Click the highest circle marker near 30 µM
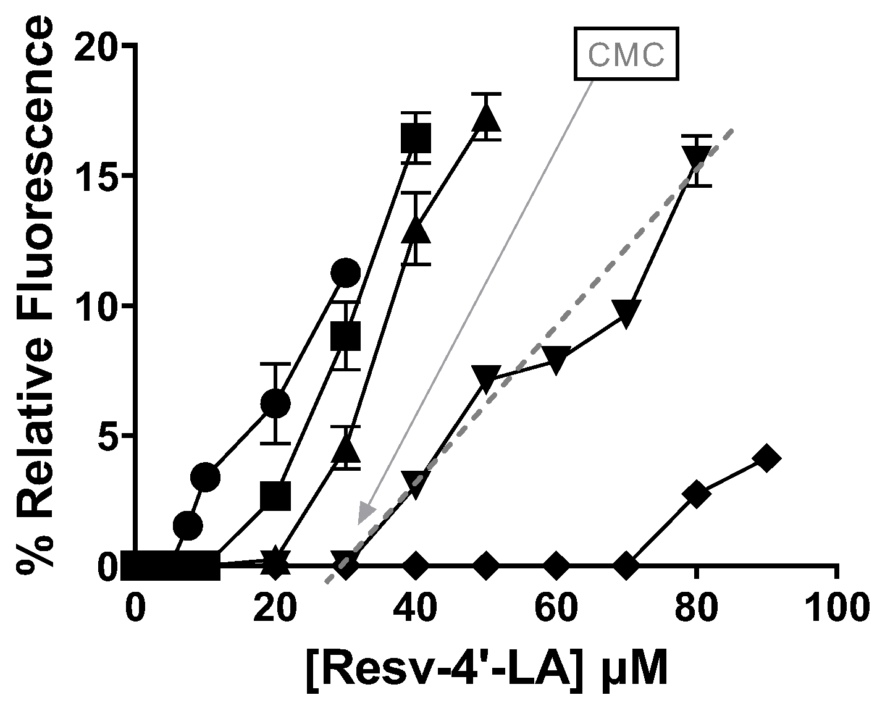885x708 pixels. [345, 272]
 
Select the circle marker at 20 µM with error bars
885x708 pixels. [275, 403]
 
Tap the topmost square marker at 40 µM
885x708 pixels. [416, 137]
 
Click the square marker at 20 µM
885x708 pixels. [275, 495]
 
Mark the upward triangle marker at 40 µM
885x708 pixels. [416, 230]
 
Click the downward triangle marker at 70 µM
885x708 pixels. [626, 313]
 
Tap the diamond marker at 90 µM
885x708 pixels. [766, 458]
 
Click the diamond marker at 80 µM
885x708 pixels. [696, 495]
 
